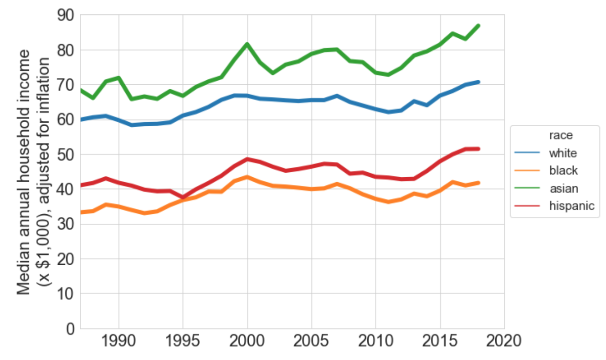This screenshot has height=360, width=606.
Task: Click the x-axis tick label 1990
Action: [x=118, y=341]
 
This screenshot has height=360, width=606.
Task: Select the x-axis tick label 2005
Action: [x=312, y=341]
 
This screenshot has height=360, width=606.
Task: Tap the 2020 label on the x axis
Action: [x=504, y=341]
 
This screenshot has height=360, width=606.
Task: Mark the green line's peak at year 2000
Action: [x=247, y=44]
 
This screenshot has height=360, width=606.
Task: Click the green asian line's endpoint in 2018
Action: [x=478, y=26]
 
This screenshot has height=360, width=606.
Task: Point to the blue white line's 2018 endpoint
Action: [x=478, y=82]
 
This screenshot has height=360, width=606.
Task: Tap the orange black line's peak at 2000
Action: [x=247, y=177]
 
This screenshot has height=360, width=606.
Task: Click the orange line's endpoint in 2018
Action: [x=478, y=183]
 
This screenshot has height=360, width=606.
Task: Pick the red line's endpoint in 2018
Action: [x=478, y=149]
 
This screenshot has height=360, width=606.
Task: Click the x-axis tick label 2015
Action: [x=440, y=341]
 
